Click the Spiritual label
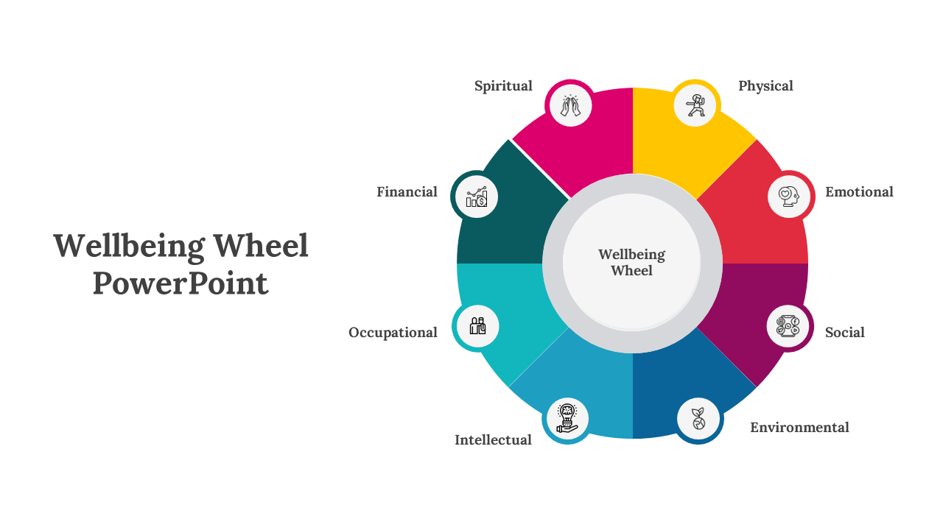(x=503, y=86)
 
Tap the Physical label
(x=765, y=86)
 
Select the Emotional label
(x=859, y=192)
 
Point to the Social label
(x=844, y=333)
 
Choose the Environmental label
(x=799, y=428)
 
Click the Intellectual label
(x=493, y=440)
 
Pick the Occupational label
(x=393, y=333)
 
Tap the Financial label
(x=407, y=192)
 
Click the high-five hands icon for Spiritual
(x=570, y=105)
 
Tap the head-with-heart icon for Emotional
(x=789, y=196)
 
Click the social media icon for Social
(x=788, y=325)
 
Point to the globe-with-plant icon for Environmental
(x=698, y=419)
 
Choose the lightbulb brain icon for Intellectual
(x=566, y=419)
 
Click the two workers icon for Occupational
(x=477, y=325)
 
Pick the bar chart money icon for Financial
(x=476, y=197)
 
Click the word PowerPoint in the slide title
(x=180, y=283)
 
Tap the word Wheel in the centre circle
(x=631, y=271)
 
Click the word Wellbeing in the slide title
(x=129, y=246)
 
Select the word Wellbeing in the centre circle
(x=631, y=255)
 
